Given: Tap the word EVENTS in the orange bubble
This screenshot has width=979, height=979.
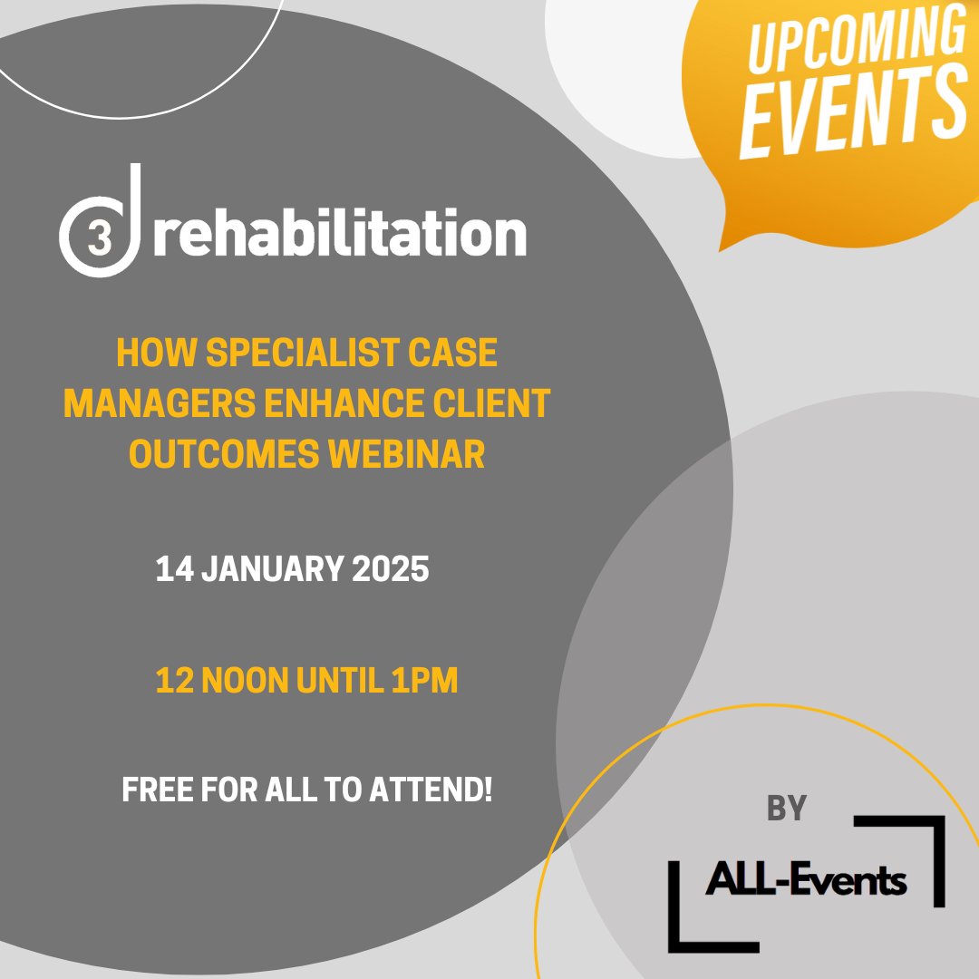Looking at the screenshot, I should (x=852, y=112).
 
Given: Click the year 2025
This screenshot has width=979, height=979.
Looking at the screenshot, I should (x=393, y=571).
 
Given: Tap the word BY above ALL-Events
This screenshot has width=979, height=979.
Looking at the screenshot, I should (x=787, y=809).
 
